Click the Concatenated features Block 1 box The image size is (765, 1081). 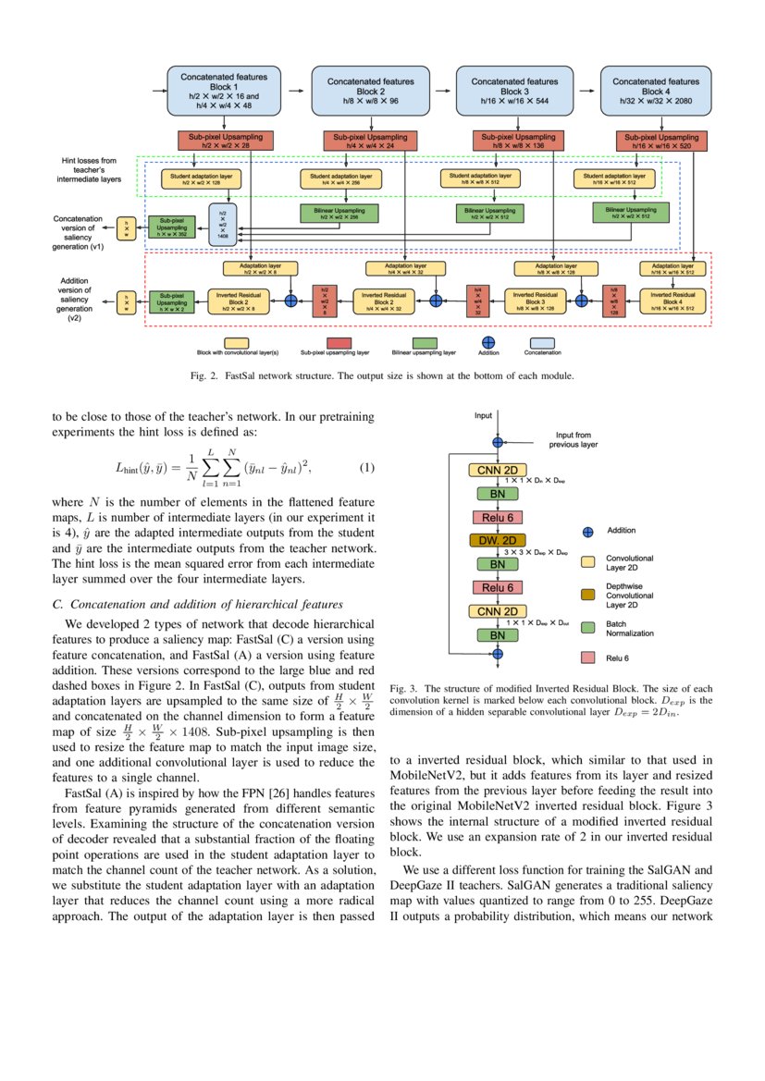pos(223,90)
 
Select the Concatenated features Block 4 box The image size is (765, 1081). pos(656,90)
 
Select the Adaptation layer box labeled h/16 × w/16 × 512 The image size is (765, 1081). pos(672,268)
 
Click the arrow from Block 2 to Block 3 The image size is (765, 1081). pos(442,91)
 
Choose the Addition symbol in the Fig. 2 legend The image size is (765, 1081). pos(488,342)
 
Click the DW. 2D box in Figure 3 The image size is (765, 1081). pos(497,540)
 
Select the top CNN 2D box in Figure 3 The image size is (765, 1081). pos(497,472)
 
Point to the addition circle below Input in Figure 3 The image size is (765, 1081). pos(497,442)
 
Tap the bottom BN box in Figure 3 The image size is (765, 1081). pos(497,635)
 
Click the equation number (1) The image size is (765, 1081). pos(367,467)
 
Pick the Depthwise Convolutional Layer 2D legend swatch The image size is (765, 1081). pos(587,593)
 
